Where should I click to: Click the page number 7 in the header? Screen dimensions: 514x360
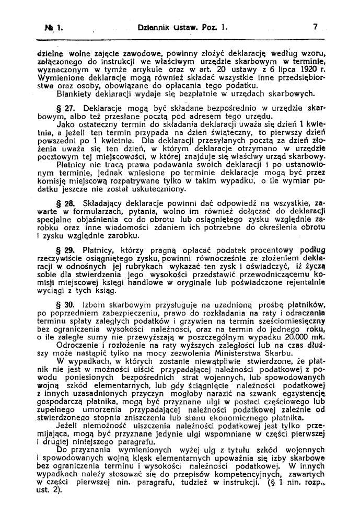[316, 25]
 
